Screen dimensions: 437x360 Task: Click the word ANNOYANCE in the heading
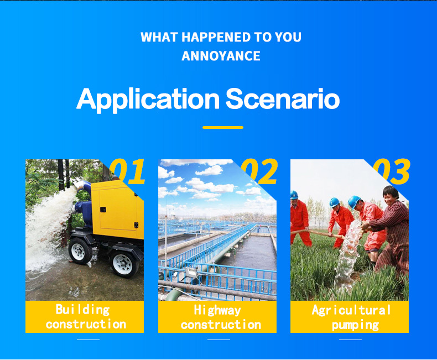[x=221, y=56]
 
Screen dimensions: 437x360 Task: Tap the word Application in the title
[x=148, y=100]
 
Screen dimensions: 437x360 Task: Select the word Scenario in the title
[x=282, y=98]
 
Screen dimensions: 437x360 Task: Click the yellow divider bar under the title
[x=223, y=127]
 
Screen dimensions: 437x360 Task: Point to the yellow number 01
[x=127, y=171]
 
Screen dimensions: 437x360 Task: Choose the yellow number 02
[x=259, y=171]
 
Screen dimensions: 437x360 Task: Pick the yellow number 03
[x=391, y=171]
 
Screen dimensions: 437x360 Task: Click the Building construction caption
[x=85, y=317]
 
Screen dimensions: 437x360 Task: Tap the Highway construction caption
[x=220, y=317]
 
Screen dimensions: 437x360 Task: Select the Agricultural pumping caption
[x=351, y=317]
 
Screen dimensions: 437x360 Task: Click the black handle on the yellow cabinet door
[x=103, y=210]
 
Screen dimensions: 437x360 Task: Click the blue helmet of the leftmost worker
[x=294, y=195]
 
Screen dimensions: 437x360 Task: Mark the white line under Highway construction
[x=218, y=340]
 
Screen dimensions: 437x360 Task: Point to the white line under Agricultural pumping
[x=350, y=340]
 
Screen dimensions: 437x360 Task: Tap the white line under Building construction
[x=88, y=340]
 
